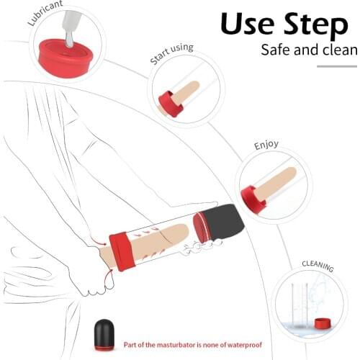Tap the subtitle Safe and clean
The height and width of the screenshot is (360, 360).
click(309, 50)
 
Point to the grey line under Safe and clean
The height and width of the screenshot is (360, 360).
click(337, 66)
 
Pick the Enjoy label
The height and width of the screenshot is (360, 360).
click(266, 145)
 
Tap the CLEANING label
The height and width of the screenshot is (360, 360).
click(317, 266)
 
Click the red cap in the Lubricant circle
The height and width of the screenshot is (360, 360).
click(64, 53)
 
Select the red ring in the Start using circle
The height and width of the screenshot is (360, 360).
click(171, 104)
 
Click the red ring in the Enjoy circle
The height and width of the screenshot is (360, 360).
click(253, 198)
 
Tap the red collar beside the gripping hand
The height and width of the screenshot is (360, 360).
click(122, 251)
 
